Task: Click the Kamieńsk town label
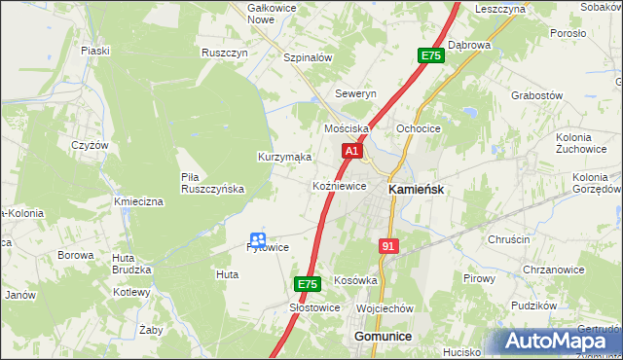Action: point(417,190)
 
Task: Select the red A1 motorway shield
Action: point(352,152)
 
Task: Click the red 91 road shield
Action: point(388,247)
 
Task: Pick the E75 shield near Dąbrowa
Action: point(431,56)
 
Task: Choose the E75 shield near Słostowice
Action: point(307,284)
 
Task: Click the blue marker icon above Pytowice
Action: point(258,238)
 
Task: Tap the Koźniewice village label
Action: point(339,185)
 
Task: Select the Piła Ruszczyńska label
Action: point(211,183)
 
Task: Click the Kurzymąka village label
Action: point(284,157)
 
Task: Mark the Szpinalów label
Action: point(308,57)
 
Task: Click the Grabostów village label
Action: point(537,95)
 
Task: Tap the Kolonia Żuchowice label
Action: point(581,144)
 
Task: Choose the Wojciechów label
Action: point(385,307)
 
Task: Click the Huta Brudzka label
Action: point(131,264)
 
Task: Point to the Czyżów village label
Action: point(89,144)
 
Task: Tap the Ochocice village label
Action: point(420,128)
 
